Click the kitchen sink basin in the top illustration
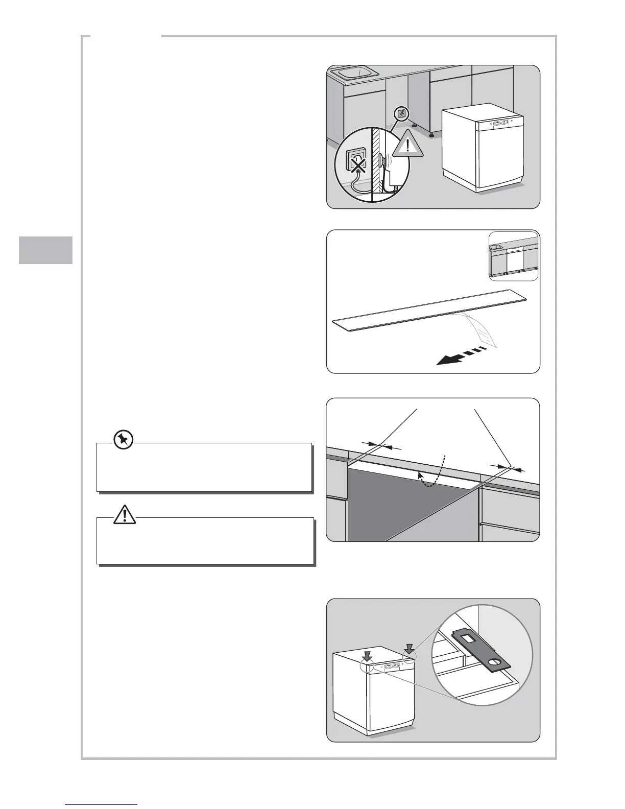click(x=354, y=74)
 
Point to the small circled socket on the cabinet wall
click(x=401, y=114)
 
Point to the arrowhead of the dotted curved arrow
click(x=421, y=476)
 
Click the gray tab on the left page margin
click(x=46, y=250)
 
